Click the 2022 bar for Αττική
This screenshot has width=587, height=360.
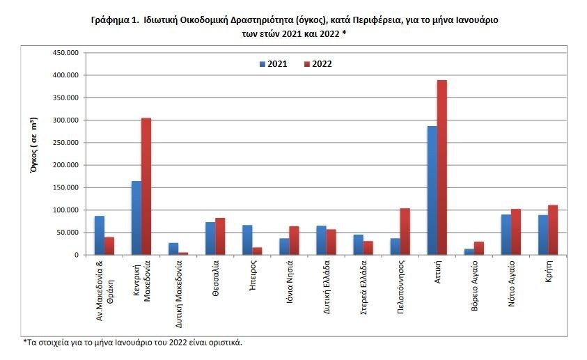(442, 167)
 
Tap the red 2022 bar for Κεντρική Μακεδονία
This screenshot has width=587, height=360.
(146, 186)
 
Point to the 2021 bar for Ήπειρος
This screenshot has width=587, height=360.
(247, 240)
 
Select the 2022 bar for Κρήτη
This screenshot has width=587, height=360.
(553, 230)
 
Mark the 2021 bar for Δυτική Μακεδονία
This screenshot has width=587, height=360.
(173, 249)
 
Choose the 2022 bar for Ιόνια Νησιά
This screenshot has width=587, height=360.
(294, 240)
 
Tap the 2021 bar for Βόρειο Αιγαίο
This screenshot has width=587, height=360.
(469, 251)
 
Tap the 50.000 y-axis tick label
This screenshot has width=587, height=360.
(68, 233)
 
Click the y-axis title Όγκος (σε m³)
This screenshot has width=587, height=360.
(34, 154)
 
